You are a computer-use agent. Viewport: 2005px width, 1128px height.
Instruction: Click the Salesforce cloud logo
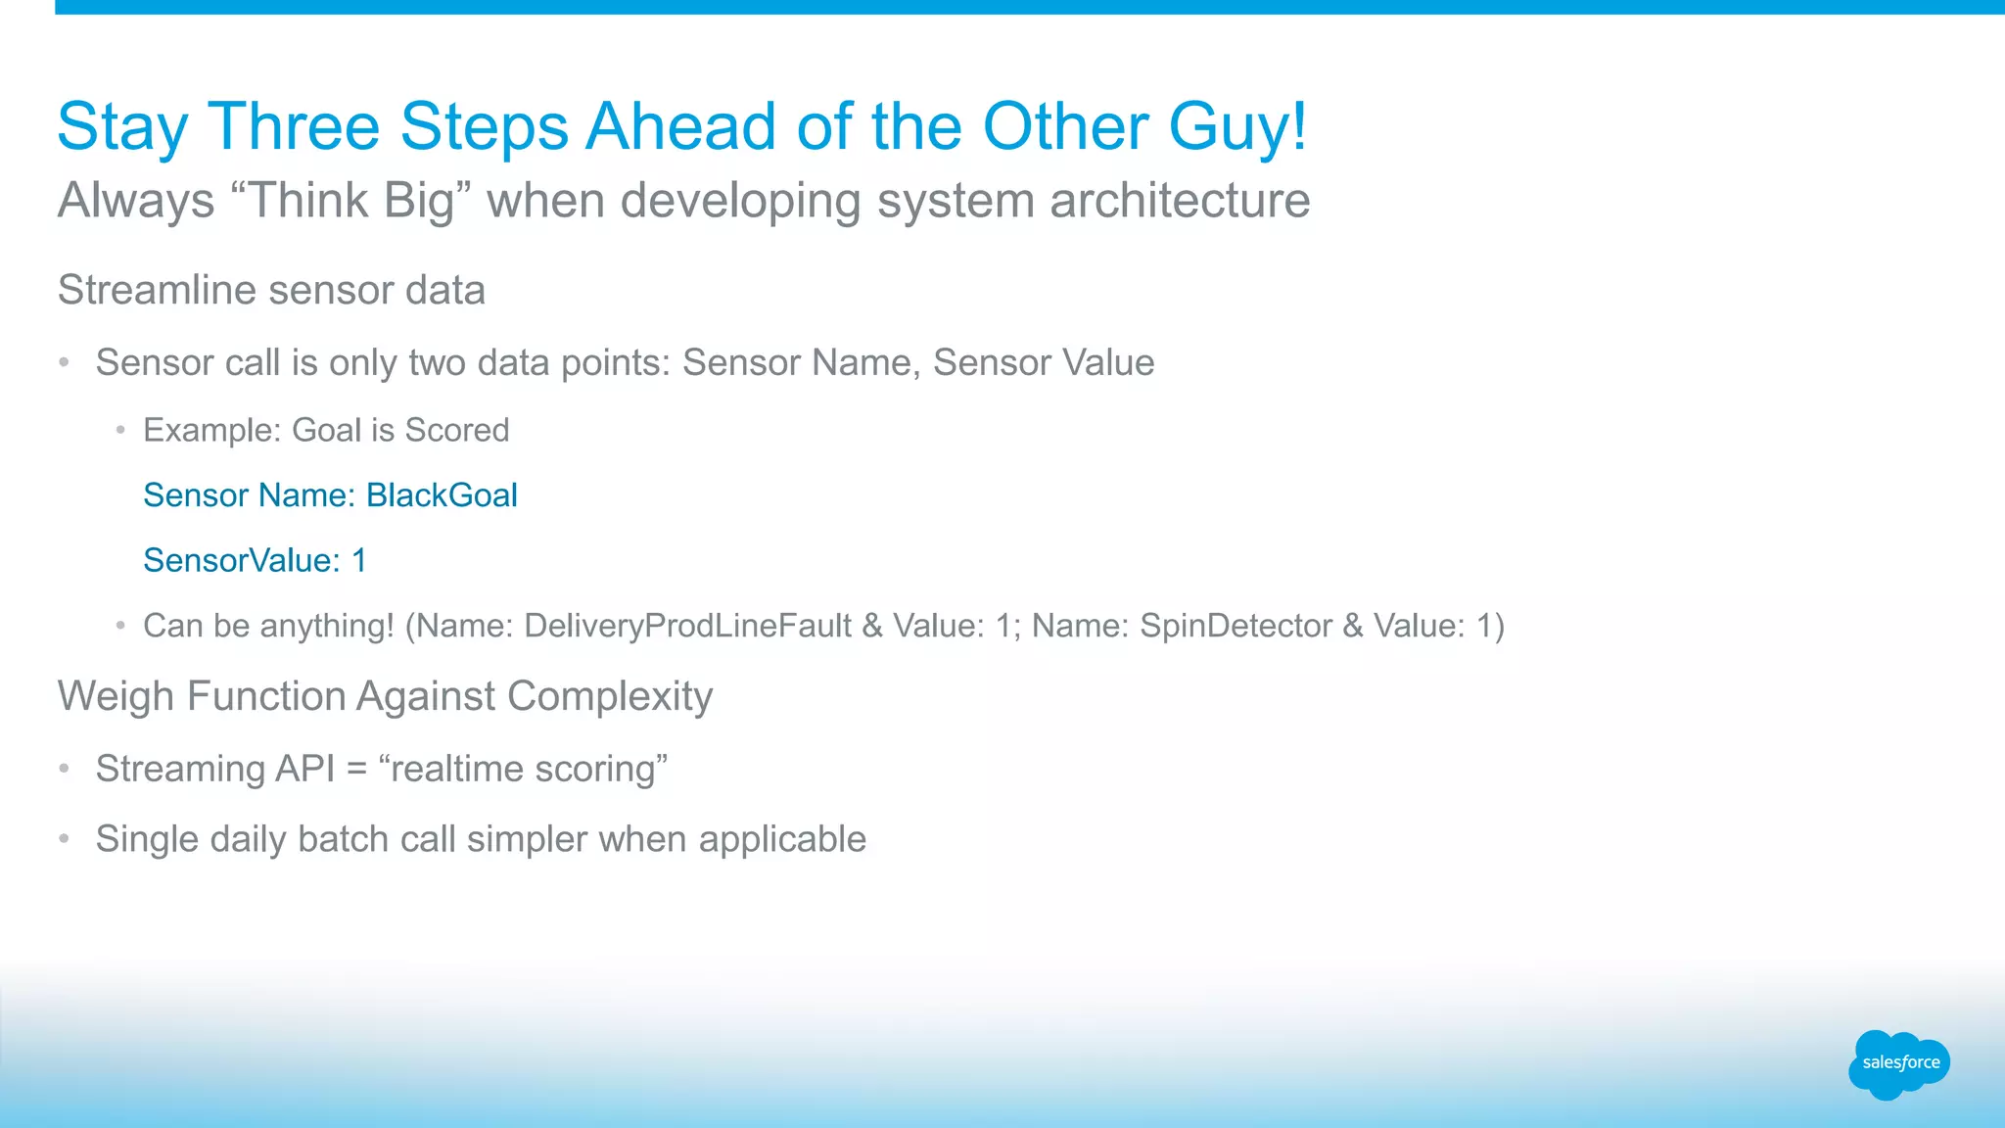pyautogui.click(x=1899, y=1063)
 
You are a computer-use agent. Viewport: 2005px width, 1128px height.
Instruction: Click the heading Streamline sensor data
pyautogui.click(x=271, y=290)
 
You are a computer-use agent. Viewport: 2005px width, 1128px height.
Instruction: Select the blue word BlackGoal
pyautogui.click(x=442, y=495)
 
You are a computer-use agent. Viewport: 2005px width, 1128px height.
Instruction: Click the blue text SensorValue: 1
pyautogui.click(x=255, y=560)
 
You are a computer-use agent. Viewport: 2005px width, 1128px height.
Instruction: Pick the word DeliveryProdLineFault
pyautogui.click(x=687, y=626)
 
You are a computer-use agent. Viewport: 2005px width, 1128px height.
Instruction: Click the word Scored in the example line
pyautogui.click(x=457, y=430)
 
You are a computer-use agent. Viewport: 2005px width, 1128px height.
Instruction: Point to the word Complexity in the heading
pyautogui.click(x=610, y=696)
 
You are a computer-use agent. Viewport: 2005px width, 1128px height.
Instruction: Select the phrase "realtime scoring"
pyautogui.click(x=523, y=769)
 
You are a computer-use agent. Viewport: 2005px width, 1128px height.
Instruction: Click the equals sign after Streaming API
pyautogui.click(x=356, y=770)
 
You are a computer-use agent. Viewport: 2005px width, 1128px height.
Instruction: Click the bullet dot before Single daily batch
pyautogui.click(x=64, y=839)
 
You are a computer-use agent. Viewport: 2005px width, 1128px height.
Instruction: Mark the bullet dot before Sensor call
pyautogui.click(x=64, y=363)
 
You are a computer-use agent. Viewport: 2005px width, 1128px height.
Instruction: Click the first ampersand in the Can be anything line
pyautogui.click(x=872, y=626)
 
